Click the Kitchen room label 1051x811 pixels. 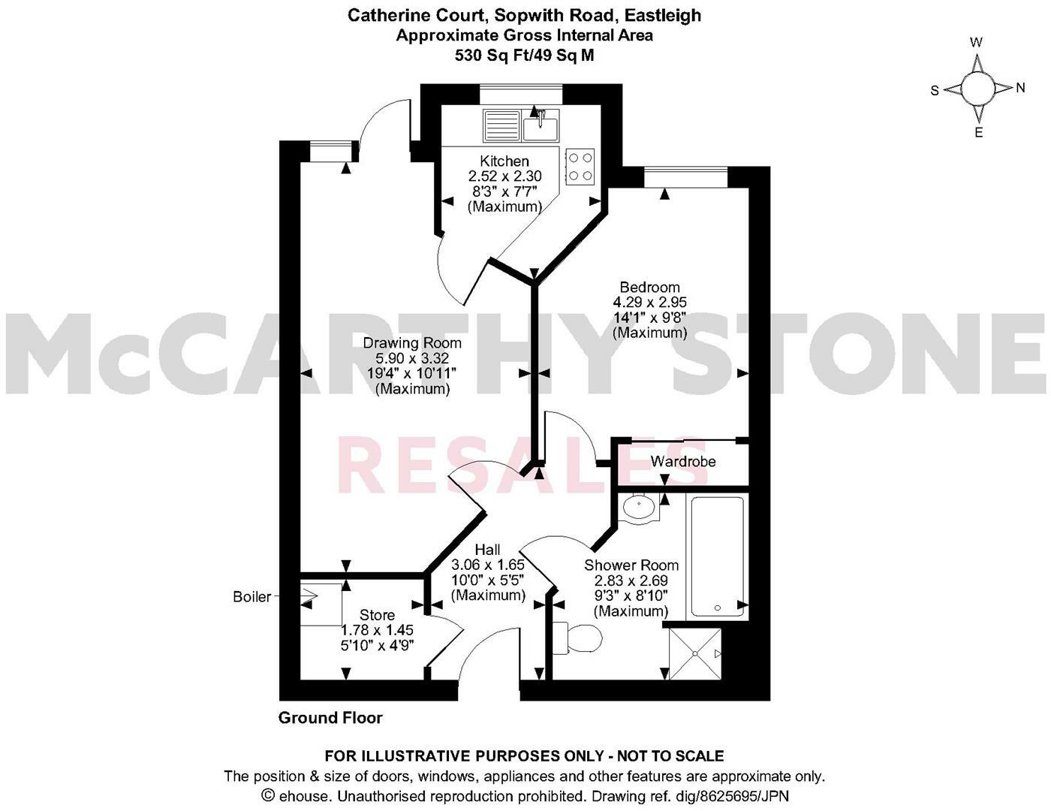[504, 161]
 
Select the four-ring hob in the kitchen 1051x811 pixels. [580, 166]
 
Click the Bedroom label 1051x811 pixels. [649, 287]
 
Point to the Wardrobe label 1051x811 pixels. [682, 461]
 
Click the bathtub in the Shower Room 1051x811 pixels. [717, 556]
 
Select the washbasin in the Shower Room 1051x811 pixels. [640, 507]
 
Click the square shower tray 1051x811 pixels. [695, 654]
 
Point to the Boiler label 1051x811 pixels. [251, 597]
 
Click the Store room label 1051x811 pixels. [377, 615]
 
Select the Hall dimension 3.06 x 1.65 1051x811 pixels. [487, 565]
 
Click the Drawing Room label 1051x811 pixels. [412, 343]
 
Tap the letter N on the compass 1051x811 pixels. [1019, 88]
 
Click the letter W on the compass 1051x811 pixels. [976, 43]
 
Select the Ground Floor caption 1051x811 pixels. [330, 718]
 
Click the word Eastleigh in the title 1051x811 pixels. [665, 15]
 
